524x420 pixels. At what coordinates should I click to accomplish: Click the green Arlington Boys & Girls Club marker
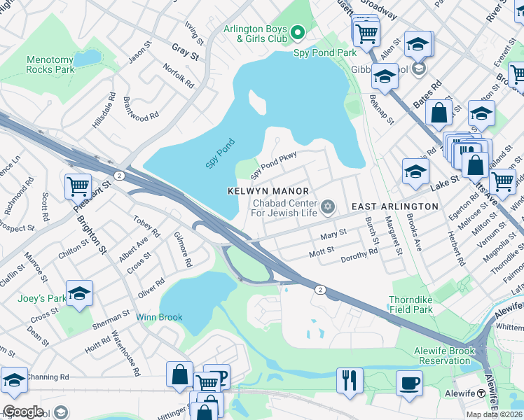pos(297,32)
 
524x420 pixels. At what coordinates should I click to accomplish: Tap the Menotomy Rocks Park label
pos(50,65)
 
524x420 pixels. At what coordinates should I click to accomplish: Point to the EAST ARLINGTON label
pos(394,206)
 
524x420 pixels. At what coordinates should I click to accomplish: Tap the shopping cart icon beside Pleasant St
pos(78,186)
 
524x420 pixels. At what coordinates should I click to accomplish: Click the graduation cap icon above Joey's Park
pos(79,293)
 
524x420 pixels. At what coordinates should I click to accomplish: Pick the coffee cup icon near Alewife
pos(409,382)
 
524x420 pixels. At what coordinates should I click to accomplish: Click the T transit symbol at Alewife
pos(481,393)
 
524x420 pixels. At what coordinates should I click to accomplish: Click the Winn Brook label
pos(160,317)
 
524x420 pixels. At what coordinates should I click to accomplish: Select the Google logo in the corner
pos(22,412)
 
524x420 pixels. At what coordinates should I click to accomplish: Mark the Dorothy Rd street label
pos(359,257)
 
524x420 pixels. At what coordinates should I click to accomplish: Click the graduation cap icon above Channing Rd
pos(14,379)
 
